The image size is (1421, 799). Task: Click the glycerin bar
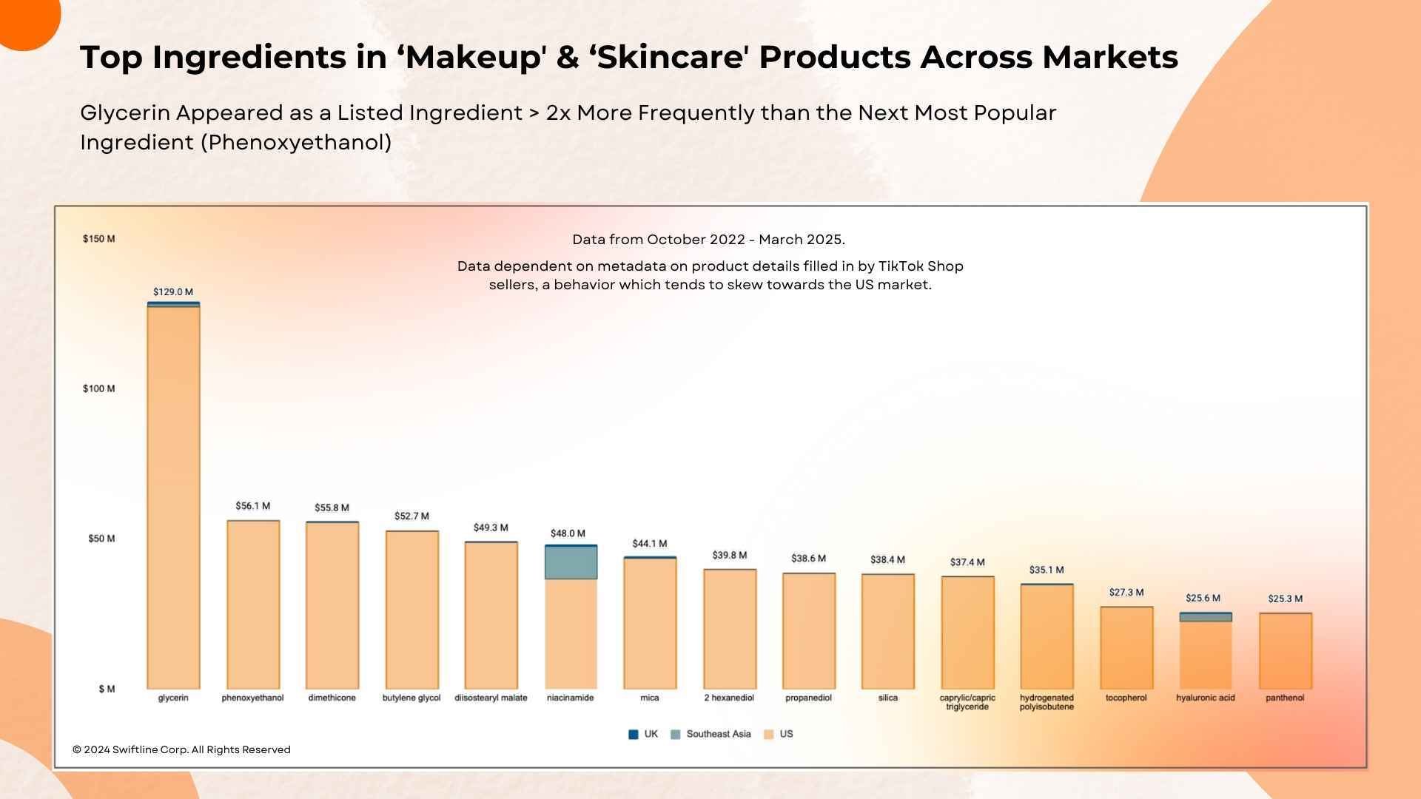click(x=173, y=496)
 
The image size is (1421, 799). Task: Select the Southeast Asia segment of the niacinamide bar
click(x=571, y=563)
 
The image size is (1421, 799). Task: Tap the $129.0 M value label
click(x=173, y=292)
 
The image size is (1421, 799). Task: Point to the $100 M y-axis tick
click(x=98, y=389)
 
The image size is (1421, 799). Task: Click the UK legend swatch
click(x=633, y=735)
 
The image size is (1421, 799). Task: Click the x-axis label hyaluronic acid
click(x=1205, y=698)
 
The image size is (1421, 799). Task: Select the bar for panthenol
click(x=1285, y=651)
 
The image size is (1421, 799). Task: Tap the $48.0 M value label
click(x=568, y=533)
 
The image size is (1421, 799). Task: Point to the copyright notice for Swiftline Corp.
click(x=181, y=750)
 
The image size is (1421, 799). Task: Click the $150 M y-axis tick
click(x=98, y=239)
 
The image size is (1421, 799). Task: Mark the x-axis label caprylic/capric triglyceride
click(x=967, y=702)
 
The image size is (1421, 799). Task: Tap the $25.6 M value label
click(x=1203, y=599)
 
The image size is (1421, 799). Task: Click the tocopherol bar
click(x=1126, y=648)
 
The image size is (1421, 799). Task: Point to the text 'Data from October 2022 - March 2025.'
click(x=708, y=240)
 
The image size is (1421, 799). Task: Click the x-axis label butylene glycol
click(x=411, y=698)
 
